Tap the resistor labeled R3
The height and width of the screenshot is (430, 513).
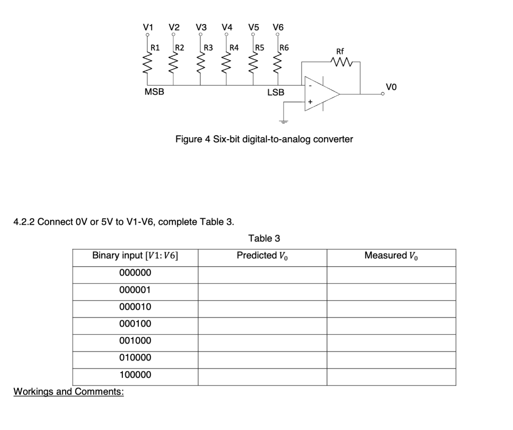click(200, 64)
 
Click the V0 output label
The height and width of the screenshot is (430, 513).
click(391, 87)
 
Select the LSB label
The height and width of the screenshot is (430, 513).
click(276, 93)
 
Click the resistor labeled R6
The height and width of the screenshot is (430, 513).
click(277, 64)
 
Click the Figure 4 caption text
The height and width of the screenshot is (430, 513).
click(264, 139)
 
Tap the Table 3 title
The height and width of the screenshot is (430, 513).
click(264, 238)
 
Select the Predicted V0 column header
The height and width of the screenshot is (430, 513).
click(263, 256)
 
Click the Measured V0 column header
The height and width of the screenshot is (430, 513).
click(391, 256)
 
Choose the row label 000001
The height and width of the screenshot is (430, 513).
click(135, 290)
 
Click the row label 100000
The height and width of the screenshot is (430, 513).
click(135, 375)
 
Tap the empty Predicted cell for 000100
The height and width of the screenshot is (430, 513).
click(263, 324)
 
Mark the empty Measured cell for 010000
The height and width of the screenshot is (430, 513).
click(391, 358)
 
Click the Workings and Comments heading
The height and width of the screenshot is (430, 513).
click(68, 391)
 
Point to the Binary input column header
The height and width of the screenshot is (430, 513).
click(135, 256)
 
